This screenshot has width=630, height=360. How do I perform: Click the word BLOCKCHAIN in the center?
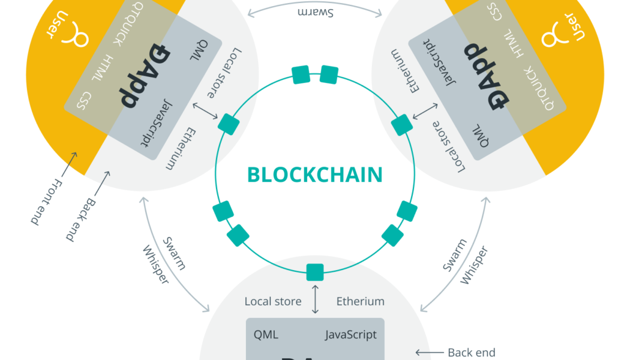314,175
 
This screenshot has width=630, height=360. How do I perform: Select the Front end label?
46,202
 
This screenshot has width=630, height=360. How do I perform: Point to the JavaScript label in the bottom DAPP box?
351,335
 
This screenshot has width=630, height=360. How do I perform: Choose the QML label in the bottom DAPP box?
266,335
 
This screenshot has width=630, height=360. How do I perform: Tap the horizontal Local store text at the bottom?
273,301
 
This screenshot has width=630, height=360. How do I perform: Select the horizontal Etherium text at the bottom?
360,301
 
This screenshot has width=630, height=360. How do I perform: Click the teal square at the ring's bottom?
315,272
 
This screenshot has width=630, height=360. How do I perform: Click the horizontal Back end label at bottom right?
472,353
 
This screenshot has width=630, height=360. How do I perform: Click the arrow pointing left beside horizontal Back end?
428,353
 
